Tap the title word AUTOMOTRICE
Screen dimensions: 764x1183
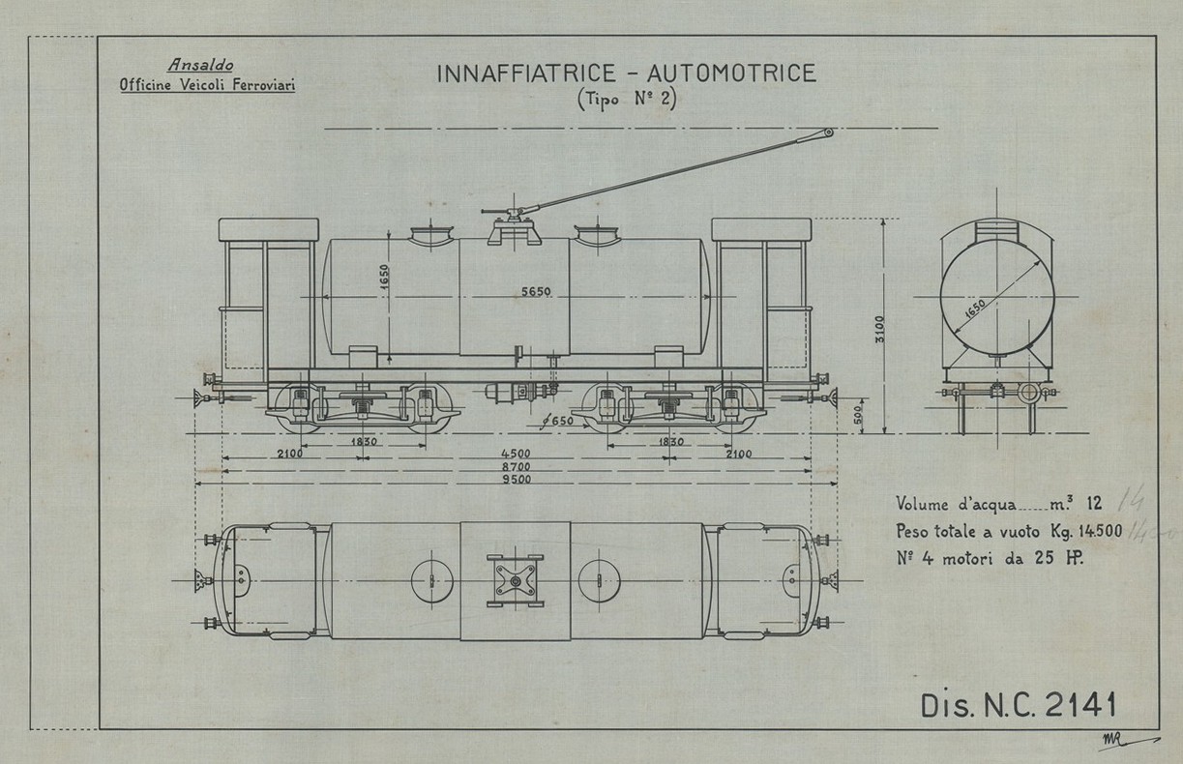(732, 73)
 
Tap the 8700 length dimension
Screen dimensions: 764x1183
(514, 467)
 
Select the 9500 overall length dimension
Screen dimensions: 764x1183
(514, 480)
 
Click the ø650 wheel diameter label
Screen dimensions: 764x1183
(554, 421)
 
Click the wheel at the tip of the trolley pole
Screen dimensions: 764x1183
(829, 132)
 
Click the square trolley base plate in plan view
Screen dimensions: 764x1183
(515, 581)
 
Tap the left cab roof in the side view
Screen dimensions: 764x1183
(269, 229)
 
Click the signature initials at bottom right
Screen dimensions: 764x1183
(1111, 740)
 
